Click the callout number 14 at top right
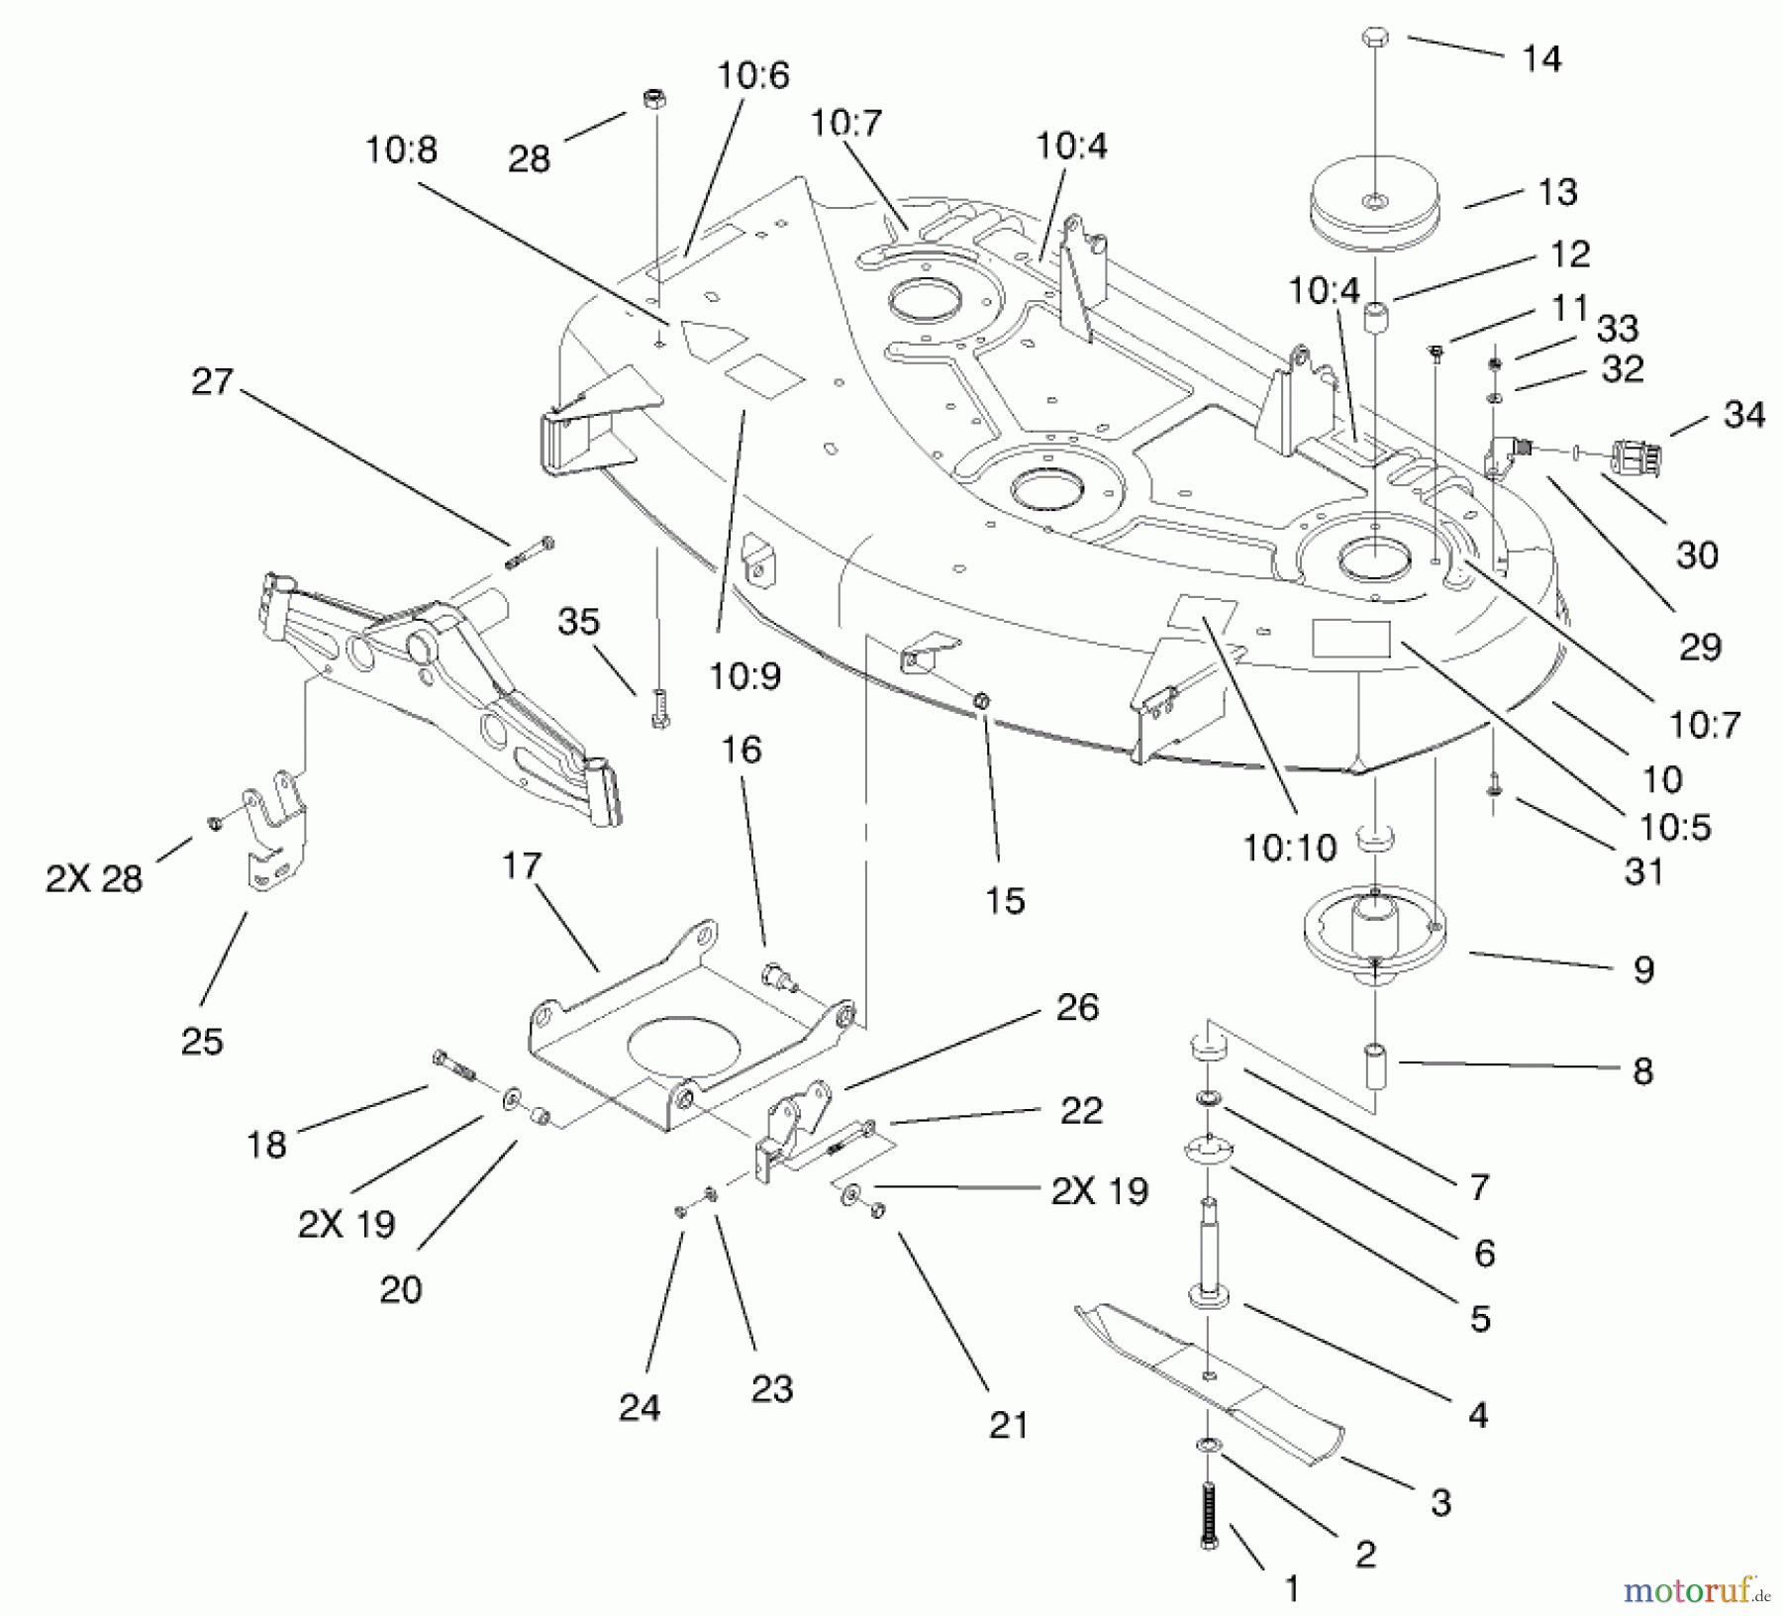click(x=1540, y=59)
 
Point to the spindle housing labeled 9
click(x=1375, y=936)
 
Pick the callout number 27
click(x=212, y=381)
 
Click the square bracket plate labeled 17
click(x=683, y=1040)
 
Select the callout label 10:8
click(x=401, y=151)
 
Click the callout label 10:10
click(x=1289, y=849)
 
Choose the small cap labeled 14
click(x=1374, y=38)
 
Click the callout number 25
click(x=202, y=1041)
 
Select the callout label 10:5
click(x=1675, y=827)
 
